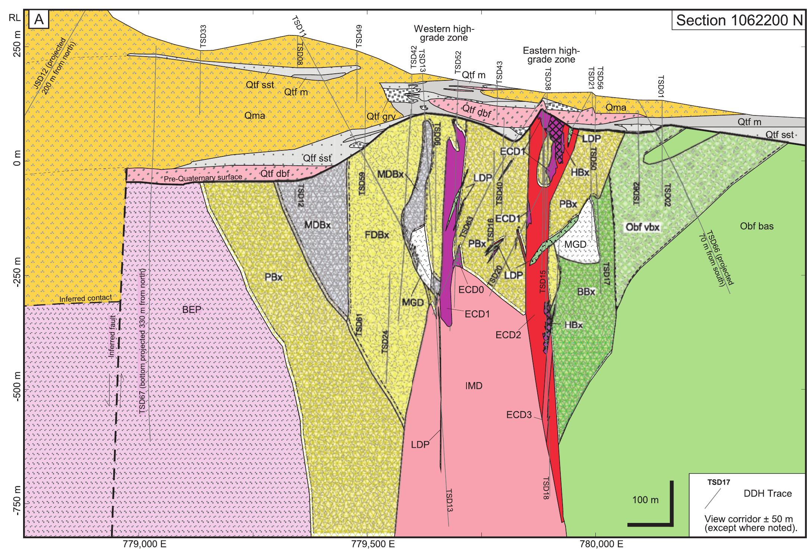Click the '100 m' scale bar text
coord(645,500)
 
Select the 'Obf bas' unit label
coord(757,226)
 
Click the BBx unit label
coord(586,292)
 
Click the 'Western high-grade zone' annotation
coord(442,33)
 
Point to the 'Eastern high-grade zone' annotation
coord(551,55)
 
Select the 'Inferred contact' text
coord(86,298)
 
